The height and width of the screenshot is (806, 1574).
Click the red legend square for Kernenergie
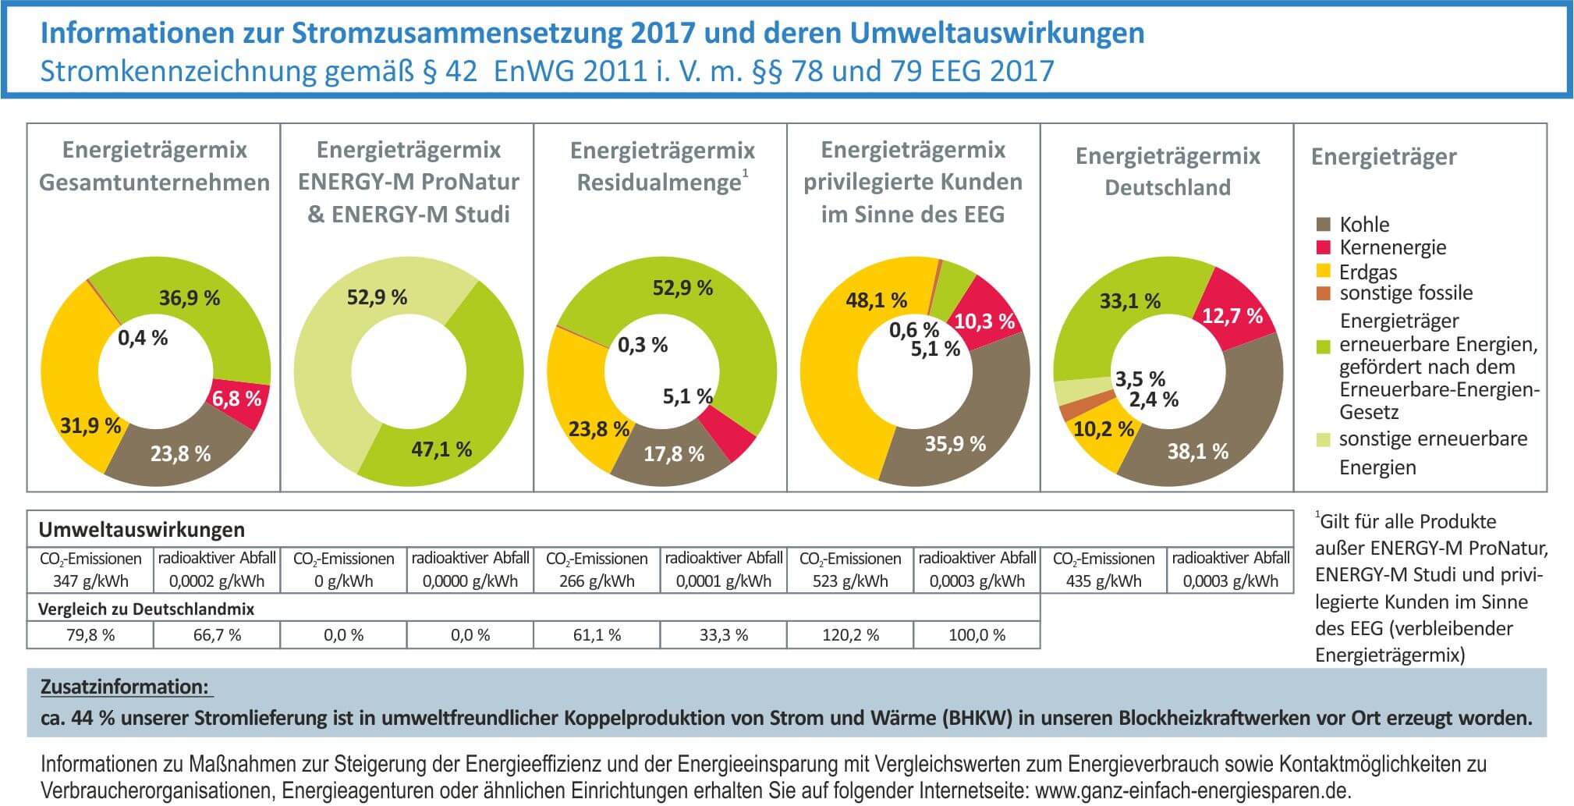(1323, 247)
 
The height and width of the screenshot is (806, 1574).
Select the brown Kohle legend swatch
(1323, 225)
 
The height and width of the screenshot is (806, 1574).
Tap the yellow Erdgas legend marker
(1323, 271)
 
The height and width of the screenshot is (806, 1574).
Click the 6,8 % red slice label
(236, 399)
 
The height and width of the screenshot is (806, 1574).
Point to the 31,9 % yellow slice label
(90, 426)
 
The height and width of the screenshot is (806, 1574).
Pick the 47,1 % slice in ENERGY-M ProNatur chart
(441, 449)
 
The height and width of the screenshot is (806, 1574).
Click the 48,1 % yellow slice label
(876, 300)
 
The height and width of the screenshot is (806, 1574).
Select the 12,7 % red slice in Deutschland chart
(1232, 316)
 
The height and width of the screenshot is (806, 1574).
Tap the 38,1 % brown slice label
(1198, 451)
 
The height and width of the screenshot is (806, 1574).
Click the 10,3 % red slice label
(984, 321)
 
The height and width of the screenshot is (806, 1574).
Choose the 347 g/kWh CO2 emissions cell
(90, 581)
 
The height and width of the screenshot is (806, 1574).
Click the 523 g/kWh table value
(850, 581)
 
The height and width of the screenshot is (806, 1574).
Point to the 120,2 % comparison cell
(850, 635)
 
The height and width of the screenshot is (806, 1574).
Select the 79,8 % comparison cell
(90, 635)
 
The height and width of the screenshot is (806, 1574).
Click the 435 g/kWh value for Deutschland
(1103, 581)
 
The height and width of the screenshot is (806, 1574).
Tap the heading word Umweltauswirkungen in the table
(141, 530)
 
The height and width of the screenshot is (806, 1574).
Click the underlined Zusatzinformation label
(125, 687)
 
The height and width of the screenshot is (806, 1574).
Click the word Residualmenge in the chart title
(658, 183)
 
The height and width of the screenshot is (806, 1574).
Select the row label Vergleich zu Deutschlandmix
(147, 609)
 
